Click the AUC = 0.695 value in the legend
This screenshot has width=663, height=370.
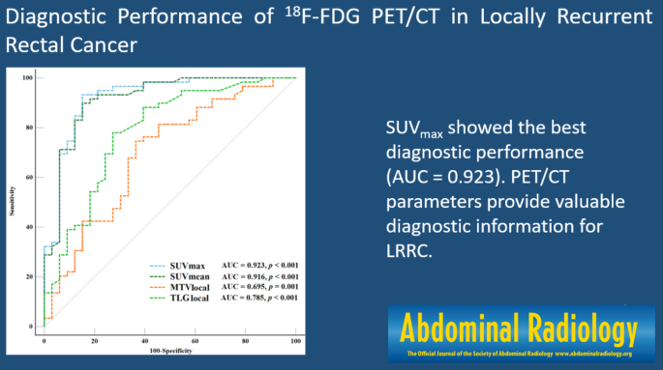[242, 287]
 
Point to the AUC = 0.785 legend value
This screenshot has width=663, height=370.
[242, 299]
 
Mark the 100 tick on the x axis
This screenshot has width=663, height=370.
[294, 340]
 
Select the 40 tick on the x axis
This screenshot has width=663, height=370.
[144, 340]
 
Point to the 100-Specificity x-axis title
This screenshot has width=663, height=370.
[169, 352]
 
